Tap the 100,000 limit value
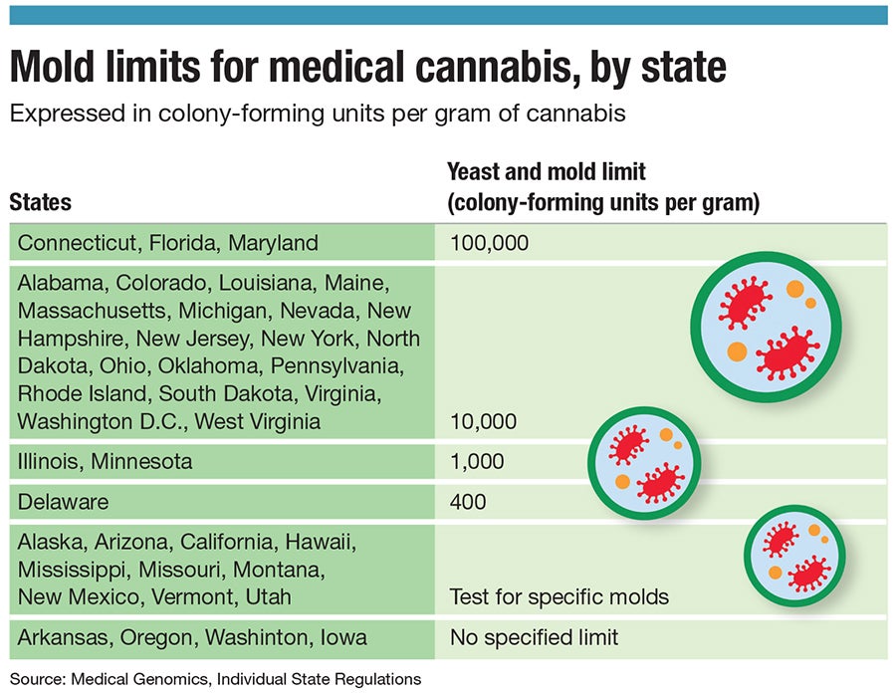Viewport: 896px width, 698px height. click(489, 243)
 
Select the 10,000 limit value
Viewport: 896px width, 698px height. click(483, 422)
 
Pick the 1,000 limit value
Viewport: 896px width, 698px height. click(477, 462)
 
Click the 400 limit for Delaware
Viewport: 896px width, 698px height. click(468, 502)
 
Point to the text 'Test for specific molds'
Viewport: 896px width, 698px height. click(559, 597)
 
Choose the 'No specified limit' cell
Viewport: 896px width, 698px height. click(535, 637)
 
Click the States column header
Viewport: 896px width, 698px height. click(40, 202)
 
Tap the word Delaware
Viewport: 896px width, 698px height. click(63, 502)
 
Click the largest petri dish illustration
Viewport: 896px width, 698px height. click(766, 326)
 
